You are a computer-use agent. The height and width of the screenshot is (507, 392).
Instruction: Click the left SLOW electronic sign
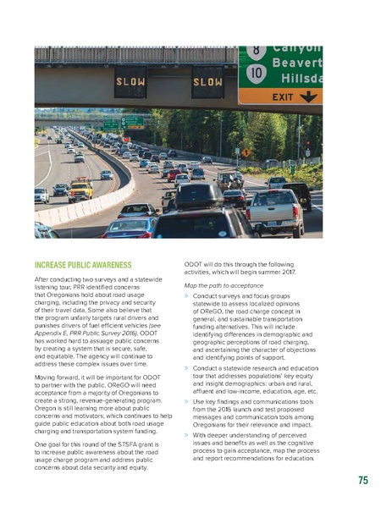pyautogui.click(x=131, y=82)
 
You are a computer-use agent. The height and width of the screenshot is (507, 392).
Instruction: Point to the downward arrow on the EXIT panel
pyautogui.click(x=309, y=96)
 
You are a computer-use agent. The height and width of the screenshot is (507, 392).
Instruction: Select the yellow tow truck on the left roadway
pyautogui.click(x=81, y=189)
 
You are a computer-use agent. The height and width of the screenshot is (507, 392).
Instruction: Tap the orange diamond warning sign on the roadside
pyautogui.click(x=246, y=152)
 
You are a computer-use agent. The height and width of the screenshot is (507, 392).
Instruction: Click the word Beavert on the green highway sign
pyautogui.click(x=296, y=62)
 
